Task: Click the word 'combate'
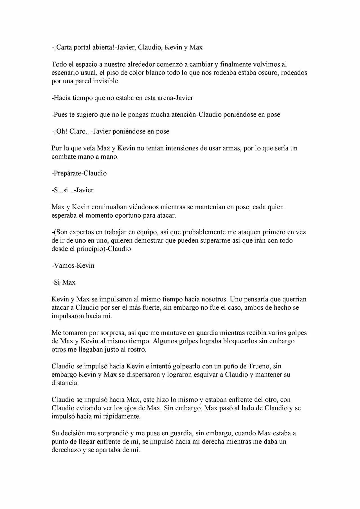tap(64, 157)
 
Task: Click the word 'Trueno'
tap(260, 366)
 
